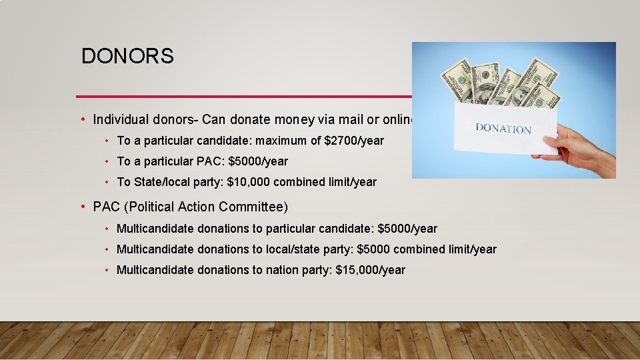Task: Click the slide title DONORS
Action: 127,56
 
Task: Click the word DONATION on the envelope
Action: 503,128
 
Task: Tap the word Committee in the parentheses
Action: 254,207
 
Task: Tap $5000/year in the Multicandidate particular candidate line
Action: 407,229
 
